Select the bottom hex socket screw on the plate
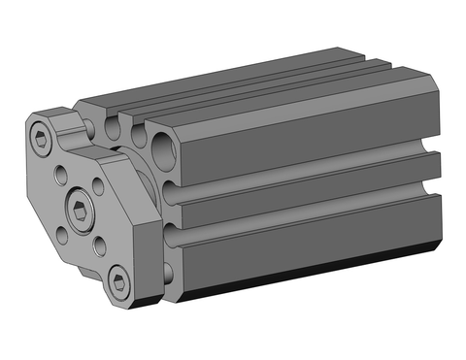click(x=118, y=282)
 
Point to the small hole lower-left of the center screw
click(x=64, y=233)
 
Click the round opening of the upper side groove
click(x=173, y=192)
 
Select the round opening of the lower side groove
click(x=173, y=239)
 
